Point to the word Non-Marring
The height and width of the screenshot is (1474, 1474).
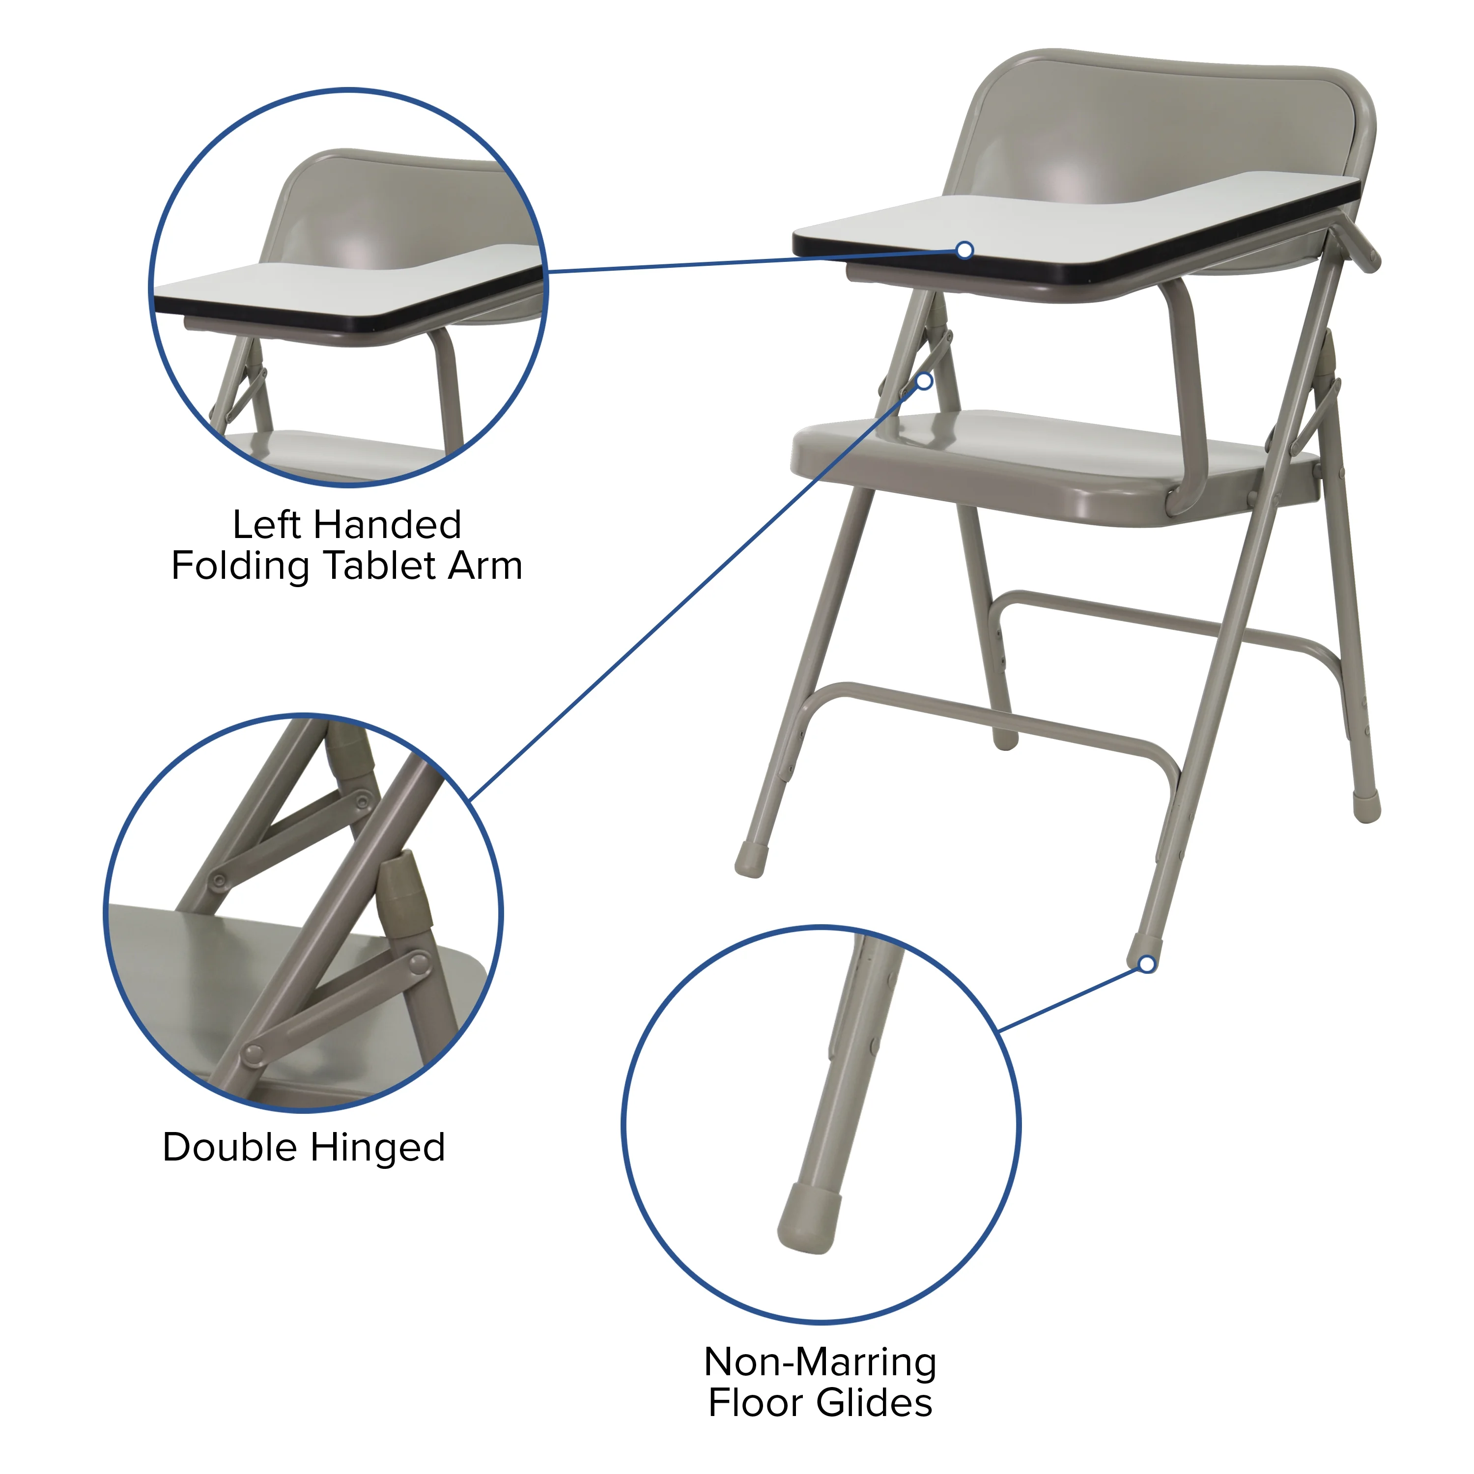820,1362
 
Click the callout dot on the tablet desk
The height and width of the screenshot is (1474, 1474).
964,250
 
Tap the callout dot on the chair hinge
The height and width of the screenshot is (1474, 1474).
924,381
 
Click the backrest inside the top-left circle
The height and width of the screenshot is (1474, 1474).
381,206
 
